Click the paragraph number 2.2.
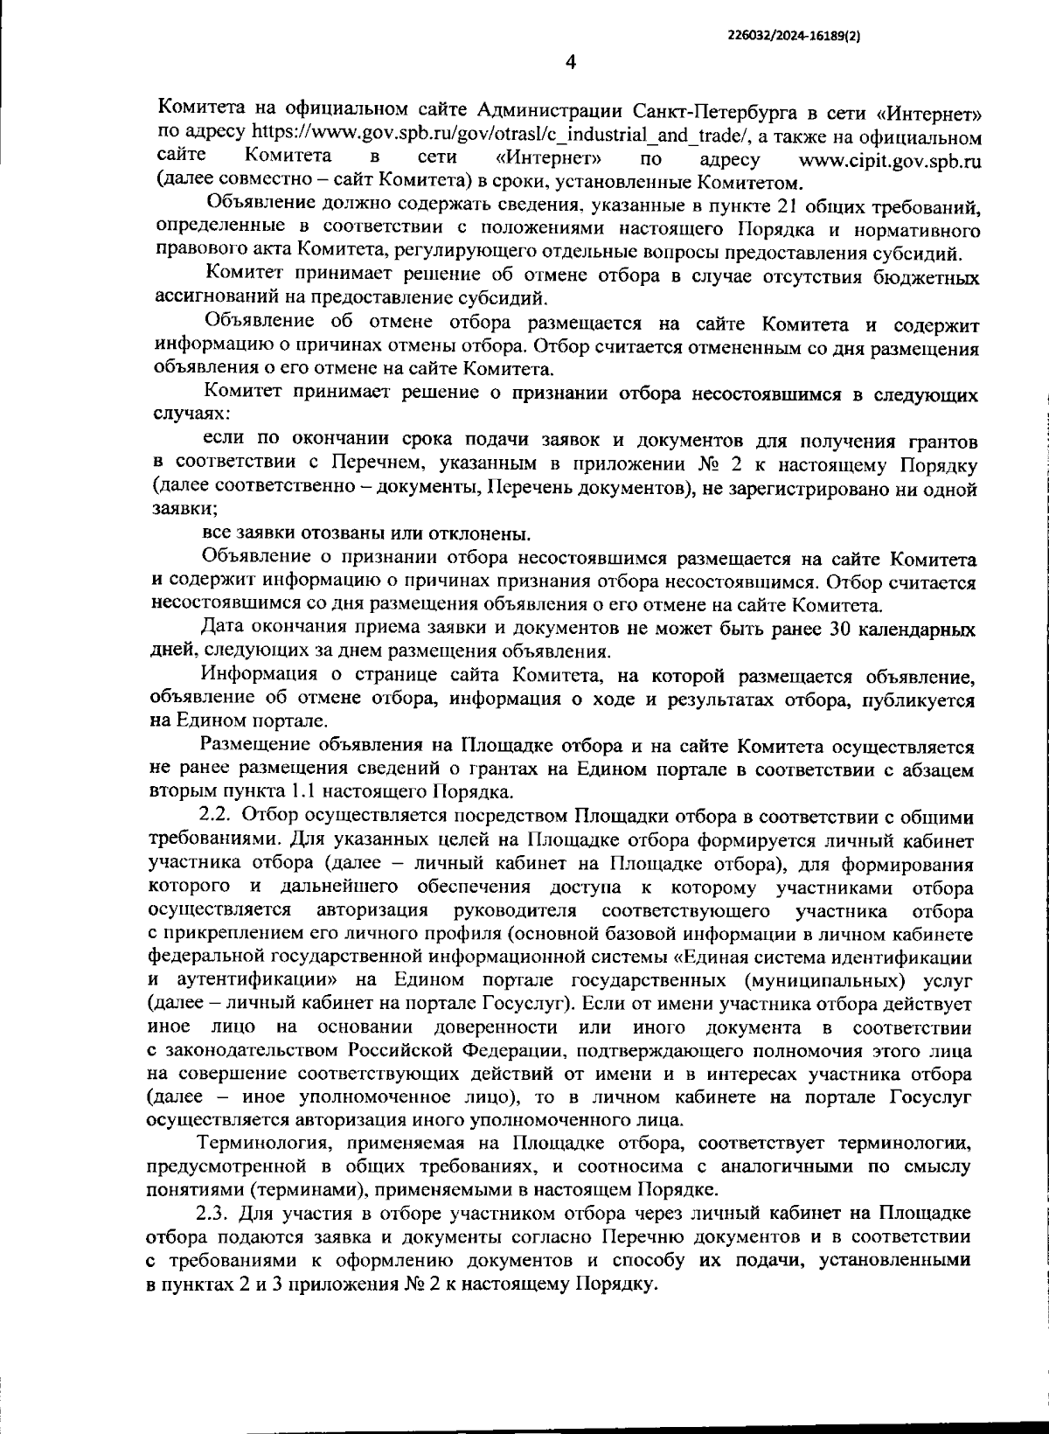pos(215,817)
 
